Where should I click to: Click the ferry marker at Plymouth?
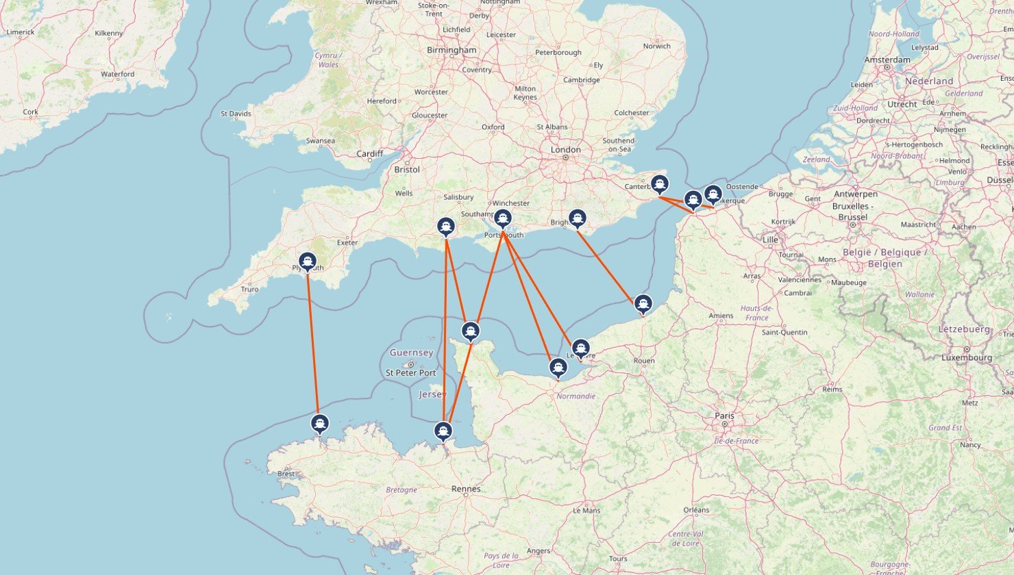point(308,261)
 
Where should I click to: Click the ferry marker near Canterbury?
point(659,184)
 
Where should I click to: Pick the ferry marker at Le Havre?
point(580,348)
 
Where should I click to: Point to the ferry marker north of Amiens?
point(643,303)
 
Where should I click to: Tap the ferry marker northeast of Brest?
point(319,423)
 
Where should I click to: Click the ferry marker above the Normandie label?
point(558,368)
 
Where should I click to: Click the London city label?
point(565,149)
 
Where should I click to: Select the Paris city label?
point(724,416)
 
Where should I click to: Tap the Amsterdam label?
point(887,60)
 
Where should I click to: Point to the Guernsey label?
point(411,353)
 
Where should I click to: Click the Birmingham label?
point(452,50)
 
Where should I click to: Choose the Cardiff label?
point(369,153)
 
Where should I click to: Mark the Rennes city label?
point(466,489)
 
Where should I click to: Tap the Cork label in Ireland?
point(30,112)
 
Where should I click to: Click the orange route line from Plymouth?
point(313,342)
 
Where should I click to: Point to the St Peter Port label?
point(410,372)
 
